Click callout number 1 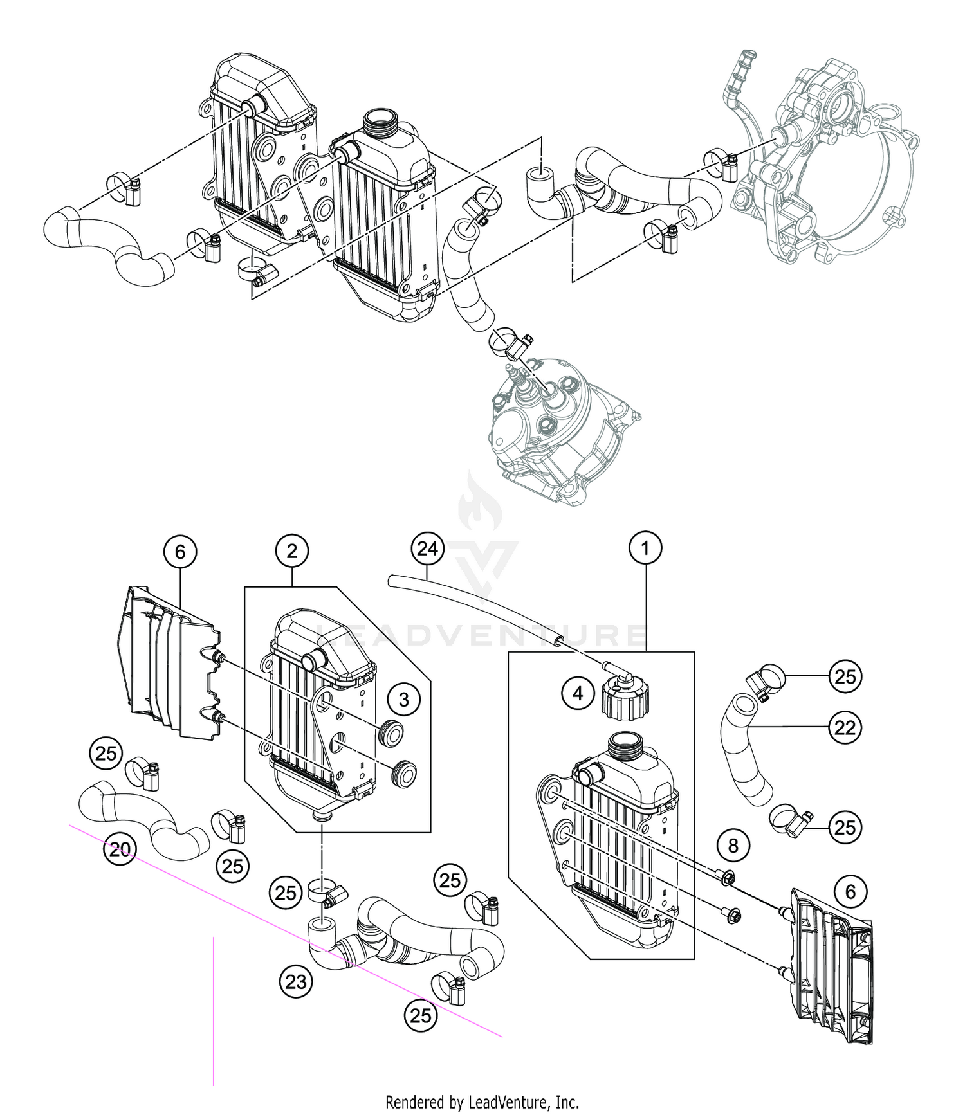pos(645,548)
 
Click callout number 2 pos(292,551)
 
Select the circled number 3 pos(404,700)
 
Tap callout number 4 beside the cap pos(578,693)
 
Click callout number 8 pos(733,846)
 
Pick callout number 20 pos(120,849)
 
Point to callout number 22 pos(845,728)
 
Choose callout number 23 pos(296,982)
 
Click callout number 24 pos(427,548)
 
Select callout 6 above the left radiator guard pos(179,552)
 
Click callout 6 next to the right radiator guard pos(850,891)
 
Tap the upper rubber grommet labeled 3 pos(390,732)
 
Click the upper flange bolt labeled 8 pos(728,878)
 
